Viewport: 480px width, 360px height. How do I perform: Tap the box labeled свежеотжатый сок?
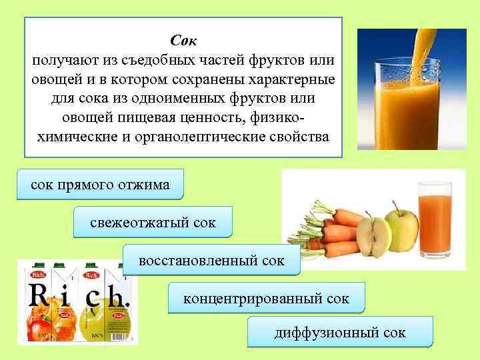click(x=153, y=223)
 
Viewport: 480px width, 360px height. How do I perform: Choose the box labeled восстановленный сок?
click(x=211, y=261)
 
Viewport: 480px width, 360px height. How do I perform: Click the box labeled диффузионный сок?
click(x=340, y=332)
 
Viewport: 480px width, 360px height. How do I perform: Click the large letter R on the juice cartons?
click(x=38, y=297)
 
